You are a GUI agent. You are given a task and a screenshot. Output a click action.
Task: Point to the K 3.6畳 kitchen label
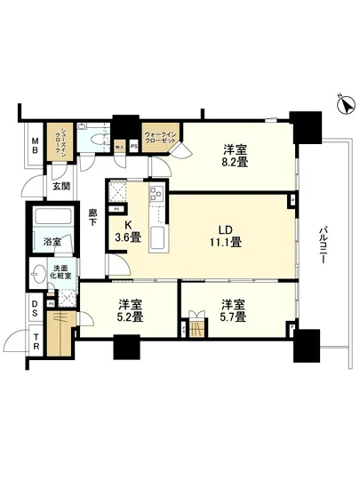tap(124, 233)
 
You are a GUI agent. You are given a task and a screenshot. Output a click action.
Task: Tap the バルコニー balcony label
tap(326, 240)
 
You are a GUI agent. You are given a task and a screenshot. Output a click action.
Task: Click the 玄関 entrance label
tap(60, 186)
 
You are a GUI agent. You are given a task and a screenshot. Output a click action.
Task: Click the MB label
tap(35, 148)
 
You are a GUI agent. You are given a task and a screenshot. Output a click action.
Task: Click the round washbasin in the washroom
tap(39, 273)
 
